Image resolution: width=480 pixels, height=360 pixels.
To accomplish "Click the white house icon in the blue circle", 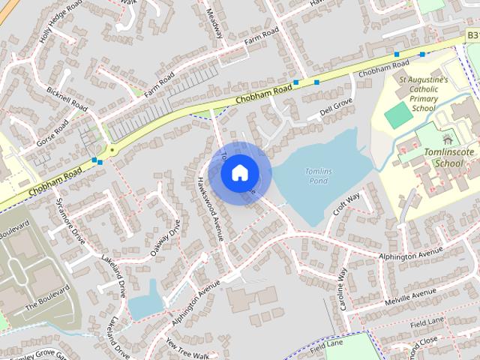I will coord(238,172).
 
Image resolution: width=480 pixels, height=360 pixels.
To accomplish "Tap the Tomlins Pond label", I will coord(317,176).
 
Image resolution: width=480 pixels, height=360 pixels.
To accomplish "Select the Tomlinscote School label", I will coord(448,157).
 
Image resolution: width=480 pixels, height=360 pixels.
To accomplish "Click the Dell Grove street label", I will coord(335,109).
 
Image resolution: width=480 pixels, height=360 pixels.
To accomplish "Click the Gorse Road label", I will coord(51,133).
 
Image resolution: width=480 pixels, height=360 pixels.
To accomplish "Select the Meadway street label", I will coord(216,25).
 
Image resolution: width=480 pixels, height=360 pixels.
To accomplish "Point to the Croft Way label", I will coord(346,203).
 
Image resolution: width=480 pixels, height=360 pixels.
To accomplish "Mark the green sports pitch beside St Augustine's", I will coord(399,114).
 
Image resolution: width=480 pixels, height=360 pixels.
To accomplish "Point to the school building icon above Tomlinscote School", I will coord(448,139).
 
